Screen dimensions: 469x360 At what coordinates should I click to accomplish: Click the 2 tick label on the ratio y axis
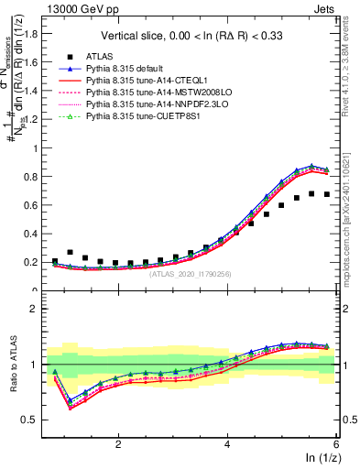coord(41,309)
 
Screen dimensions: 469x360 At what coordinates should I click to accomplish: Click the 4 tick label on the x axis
coord(227,444)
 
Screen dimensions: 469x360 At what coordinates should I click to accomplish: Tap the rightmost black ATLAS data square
coord(327,194)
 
